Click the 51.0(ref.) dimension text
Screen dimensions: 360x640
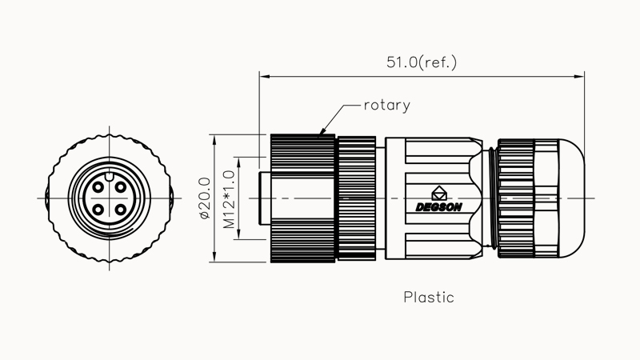click(x=422, y=62)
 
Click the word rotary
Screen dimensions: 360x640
click(x=387, y=105)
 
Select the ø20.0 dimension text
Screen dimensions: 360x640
click(x=204, y=198)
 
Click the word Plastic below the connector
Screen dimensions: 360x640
click(x=429, y=298)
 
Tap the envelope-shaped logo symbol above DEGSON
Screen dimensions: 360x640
click(x=439, y=193)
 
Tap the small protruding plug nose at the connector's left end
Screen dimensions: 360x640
click(x=265, y=198)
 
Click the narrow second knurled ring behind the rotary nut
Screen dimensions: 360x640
click(x=356, y=198)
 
